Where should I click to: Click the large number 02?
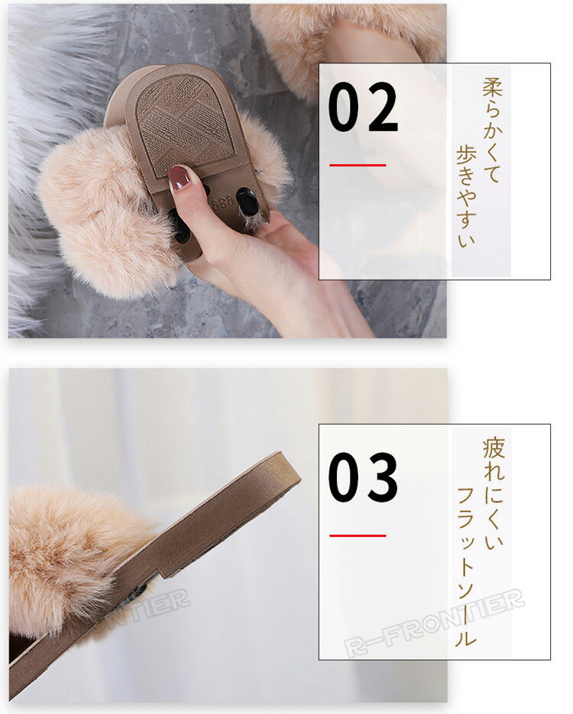coord(363,107)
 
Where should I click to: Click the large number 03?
coord(363,477)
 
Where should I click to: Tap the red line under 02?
coord(358,165)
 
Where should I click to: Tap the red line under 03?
coord(358,535)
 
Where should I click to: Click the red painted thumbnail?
coord(178,178)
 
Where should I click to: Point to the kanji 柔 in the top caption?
coord(493,87)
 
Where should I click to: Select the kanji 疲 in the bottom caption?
coord(494,447)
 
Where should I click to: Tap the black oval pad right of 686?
coord(248,201)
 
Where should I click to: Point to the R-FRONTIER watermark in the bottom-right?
coord(434,622)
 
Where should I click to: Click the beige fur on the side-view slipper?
coord(68,555)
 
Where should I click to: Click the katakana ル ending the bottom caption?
coord(465,637)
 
